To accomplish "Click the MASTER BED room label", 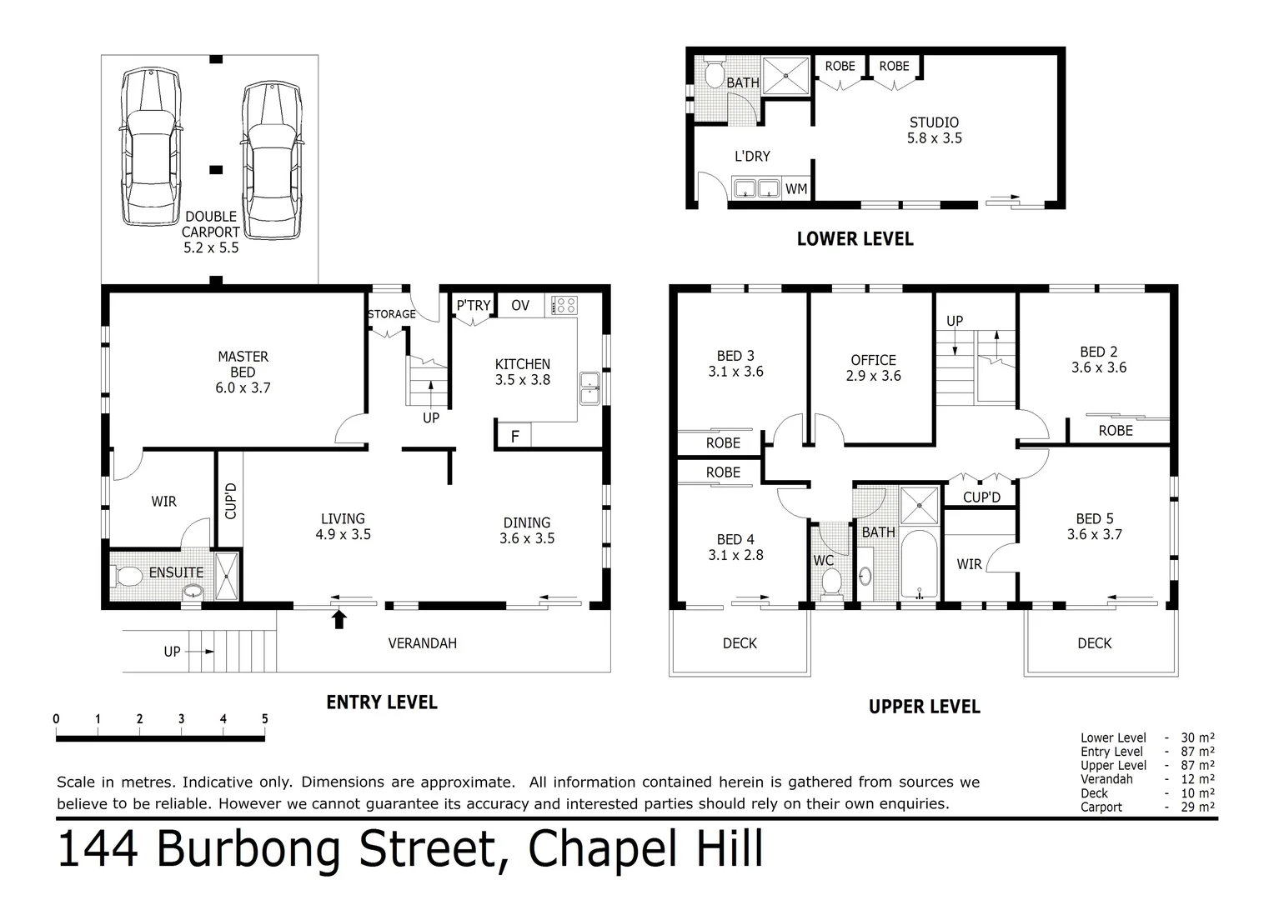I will pos(243,372).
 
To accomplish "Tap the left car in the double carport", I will pos(150,148).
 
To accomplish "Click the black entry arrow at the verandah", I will pos(339,618).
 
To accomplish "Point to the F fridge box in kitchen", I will pos(514,436).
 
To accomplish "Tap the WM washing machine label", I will pos(796,189).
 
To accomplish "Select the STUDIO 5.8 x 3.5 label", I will pos(934,130).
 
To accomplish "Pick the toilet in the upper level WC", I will pos(829,581).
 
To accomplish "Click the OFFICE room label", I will pos(873,367).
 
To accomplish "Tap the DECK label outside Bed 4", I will pos(740,643).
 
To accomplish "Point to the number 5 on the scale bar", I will pos(264,719).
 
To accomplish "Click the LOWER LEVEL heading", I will pos(855,239).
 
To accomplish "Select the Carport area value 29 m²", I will pos(1198,807).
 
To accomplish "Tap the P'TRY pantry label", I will pos(473,306).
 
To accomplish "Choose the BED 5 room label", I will pos(1094,527).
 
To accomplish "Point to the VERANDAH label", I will pos(422,643).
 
